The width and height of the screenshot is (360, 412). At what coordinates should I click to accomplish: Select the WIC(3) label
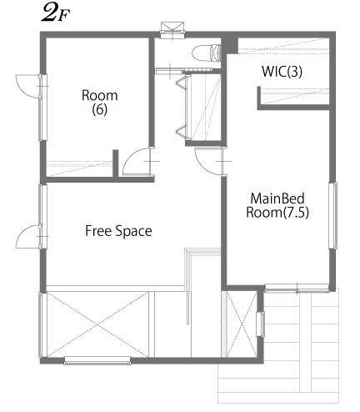(282, 72)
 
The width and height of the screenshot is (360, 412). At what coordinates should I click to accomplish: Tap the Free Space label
(118, 231)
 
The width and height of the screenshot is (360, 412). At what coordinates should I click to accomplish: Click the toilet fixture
(204, 53)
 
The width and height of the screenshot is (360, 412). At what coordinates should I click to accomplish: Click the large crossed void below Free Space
(97, 324)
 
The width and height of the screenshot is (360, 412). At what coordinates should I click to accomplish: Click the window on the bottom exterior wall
(97, 360)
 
